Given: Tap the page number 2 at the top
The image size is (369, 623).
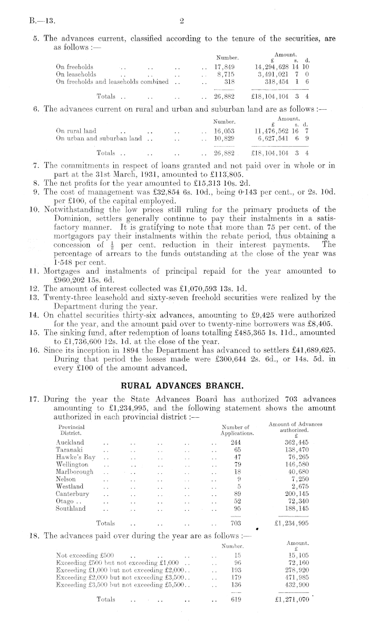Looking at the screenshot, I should pyautogui.click(x=180, y=22).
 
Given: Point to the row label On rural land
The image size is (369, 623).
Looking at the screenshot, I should pyautogui.click(x=76, y=130).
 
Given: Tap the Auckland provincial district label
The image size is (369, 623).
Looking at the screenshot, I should pyautogui.click(x=70, y=442).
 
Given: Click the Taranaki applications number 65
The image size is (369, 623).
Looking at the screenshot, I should pyautogui.click(x=237, y=449).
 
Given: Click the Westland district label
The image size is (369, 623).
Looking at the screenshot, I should pyautogui.click(x=69, y=486).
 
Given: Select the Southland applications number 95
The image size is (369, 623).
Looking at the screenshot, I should pyautogui.click(x=237, y=509).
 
